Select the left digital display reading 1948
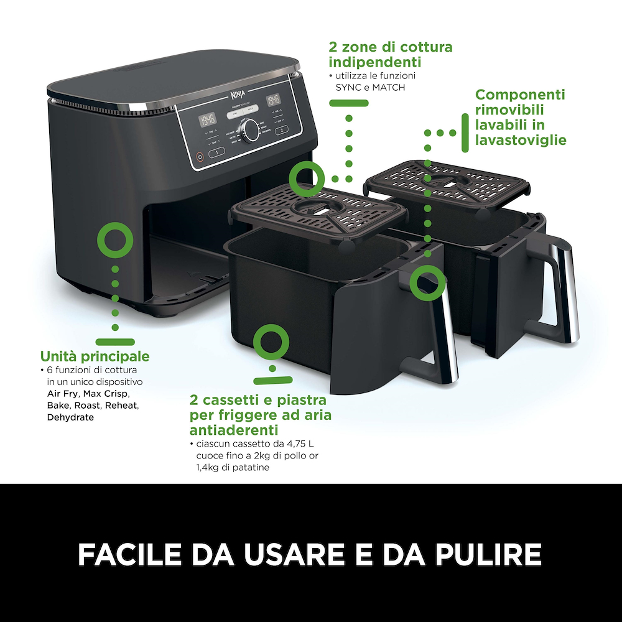pyautogui.click(x=208, y=119)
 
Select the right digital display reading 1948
pyautogui.click(x=274, y=100)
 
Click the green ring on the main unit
pyautogui.click(x=115, y=240)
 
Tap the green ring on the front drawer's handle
pyautogui.click(x=427, y=282)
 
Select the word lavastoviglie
pyautogui.click(x=521, y=140)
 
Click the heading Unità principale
pyautogui.click(x=95, y=356)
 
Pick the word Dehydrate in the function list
pyautogui.click(x=70, y=417)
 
